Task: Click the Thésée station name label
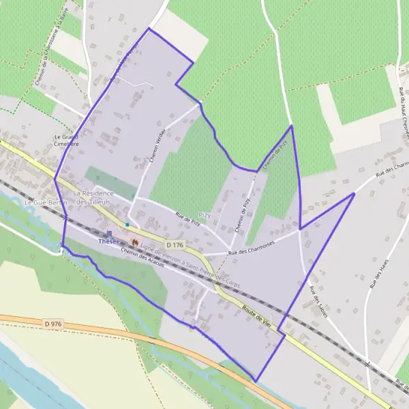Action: (108, 242)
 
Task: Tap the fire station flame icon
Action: (135, 242)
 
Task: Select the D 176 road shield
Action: (175, 245)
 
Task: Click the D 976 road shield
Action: (52, 324)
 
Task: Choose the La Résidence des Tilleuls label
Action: (95, 198)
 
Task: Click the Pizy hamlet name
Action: (204, 215)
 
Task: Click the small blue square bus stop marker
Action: (127, 224)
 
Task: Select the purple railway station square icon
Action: (109, 234)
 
